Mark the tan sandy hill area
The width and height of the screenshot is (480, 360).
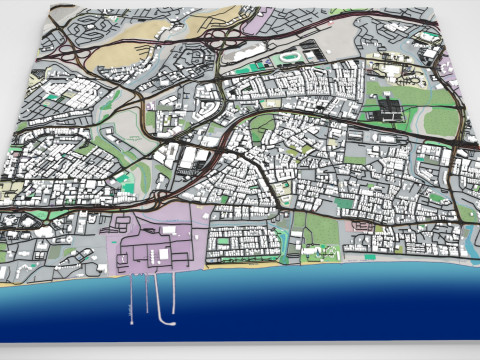click(x=110, y=60)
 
